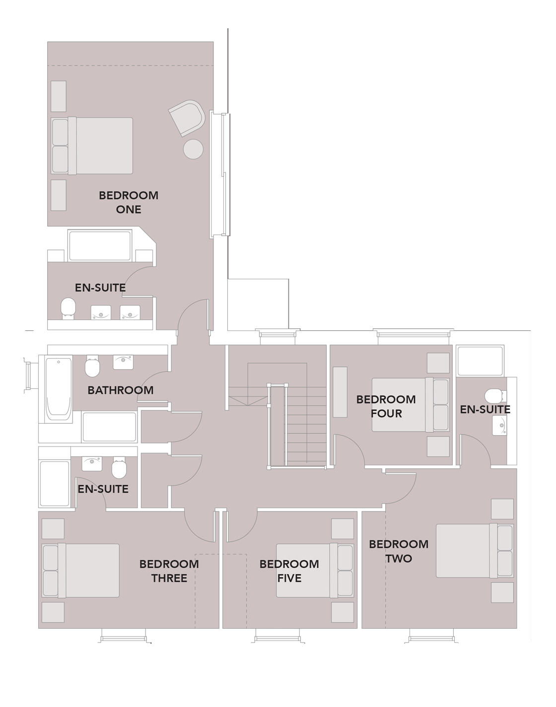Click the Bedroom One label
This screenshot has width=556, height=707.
pos(129,202)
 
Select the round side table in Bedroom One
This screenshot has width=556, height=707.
pos(193,149)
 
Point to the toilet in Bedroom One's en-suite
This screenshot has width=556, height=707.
pos(68,308)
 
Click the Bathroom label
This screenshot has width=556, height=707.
pos(121,390)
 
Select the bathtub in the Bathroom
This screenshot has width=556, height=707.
pos(58,386)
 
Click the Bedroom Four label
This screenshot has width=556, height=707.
pos(386,406)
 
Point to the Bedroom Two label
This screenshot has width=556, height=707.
pos(399,551)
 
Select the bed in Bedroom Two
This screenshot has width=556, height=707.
pos(474,551)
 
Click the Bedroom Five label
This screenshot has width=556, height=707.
pos(289,571)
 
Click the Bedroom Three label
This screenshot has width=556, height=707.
pos(169,571)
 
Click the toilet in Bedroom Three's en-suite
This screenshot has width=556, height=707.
pos(120,467)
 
